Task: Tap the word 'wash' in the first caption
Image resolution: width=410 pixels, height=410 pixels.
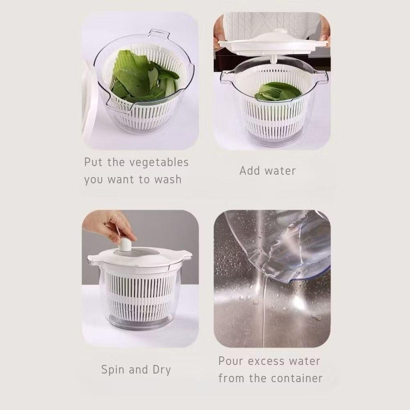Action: [x=168, y=180]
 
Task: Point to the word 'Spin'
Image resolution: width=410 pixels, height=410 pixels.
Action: [x=113, y=370]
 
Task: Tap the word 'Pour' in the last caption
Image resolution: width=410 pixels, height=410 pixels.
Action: [x=232, y=361]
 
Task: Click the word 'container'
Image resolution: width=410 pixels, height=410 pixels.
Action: [x=296, y=378]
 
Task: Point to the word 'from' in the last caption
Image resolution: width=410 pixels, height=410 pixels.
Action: [x=231, y=378]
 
